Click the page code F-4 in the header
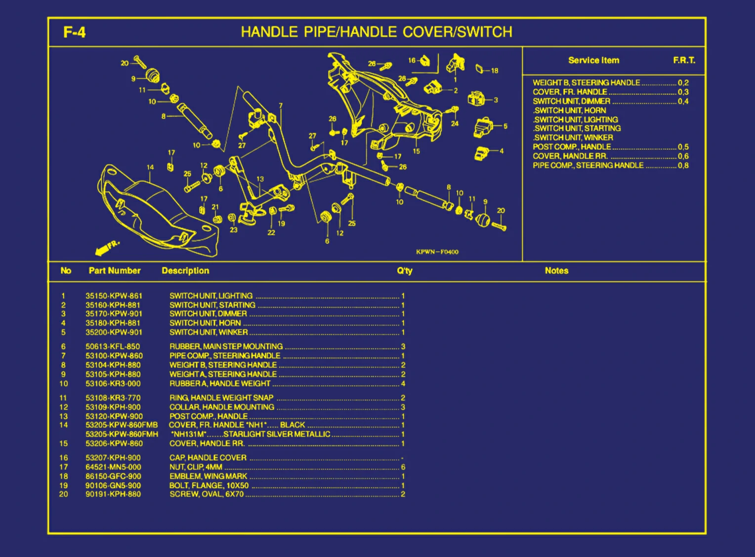click(74, 33)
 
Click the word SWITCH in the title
click(485, 32)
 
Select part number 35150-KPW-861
click(114, 296)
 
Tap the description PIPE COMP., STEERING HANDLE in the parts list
click(225, 356)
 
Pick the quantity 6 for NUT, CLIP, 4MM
click(403, 467)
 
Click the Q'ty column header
click(404, 271)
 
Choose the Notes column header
click(556, 271)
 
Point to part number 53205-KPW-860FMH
click(122, 434)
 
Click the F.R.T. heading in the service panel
click(684, 60)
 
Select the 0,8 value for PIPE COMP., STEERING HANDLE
click(683, 166)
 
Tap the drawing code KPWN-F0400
click(437, 252)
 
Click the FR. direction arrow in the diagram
click(106, 248)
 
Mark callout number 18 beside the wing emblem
click(495, 71)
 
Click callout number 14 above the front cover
click(150, 168)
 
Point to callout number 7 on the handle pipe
click(281, 106)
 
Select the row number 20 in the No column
click(64, 494)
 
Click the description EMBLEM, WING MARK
click(208, 476)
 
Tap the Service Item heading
click(593, 60)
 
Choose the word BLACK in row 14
click(293, 425)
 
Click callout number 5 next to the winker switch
click(505, 127)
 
